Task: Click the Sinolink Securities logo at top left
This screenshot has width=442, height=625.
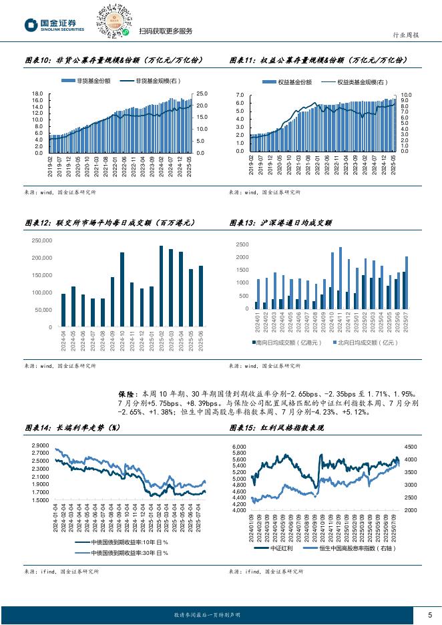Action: [55, 25]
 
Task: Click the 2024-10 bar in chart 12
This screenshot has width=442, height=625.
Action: [122, 290]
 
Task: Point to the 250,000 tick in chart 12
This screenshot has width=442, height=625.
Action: [41, 240]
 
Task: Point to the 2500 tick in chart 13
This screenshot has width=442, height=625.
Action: [242, 245]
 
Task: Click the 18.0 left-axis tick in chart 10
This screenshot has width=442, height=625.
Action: [37, 94]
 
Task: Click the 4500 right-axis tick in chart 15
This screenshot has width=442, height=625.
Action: [411, 447]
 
